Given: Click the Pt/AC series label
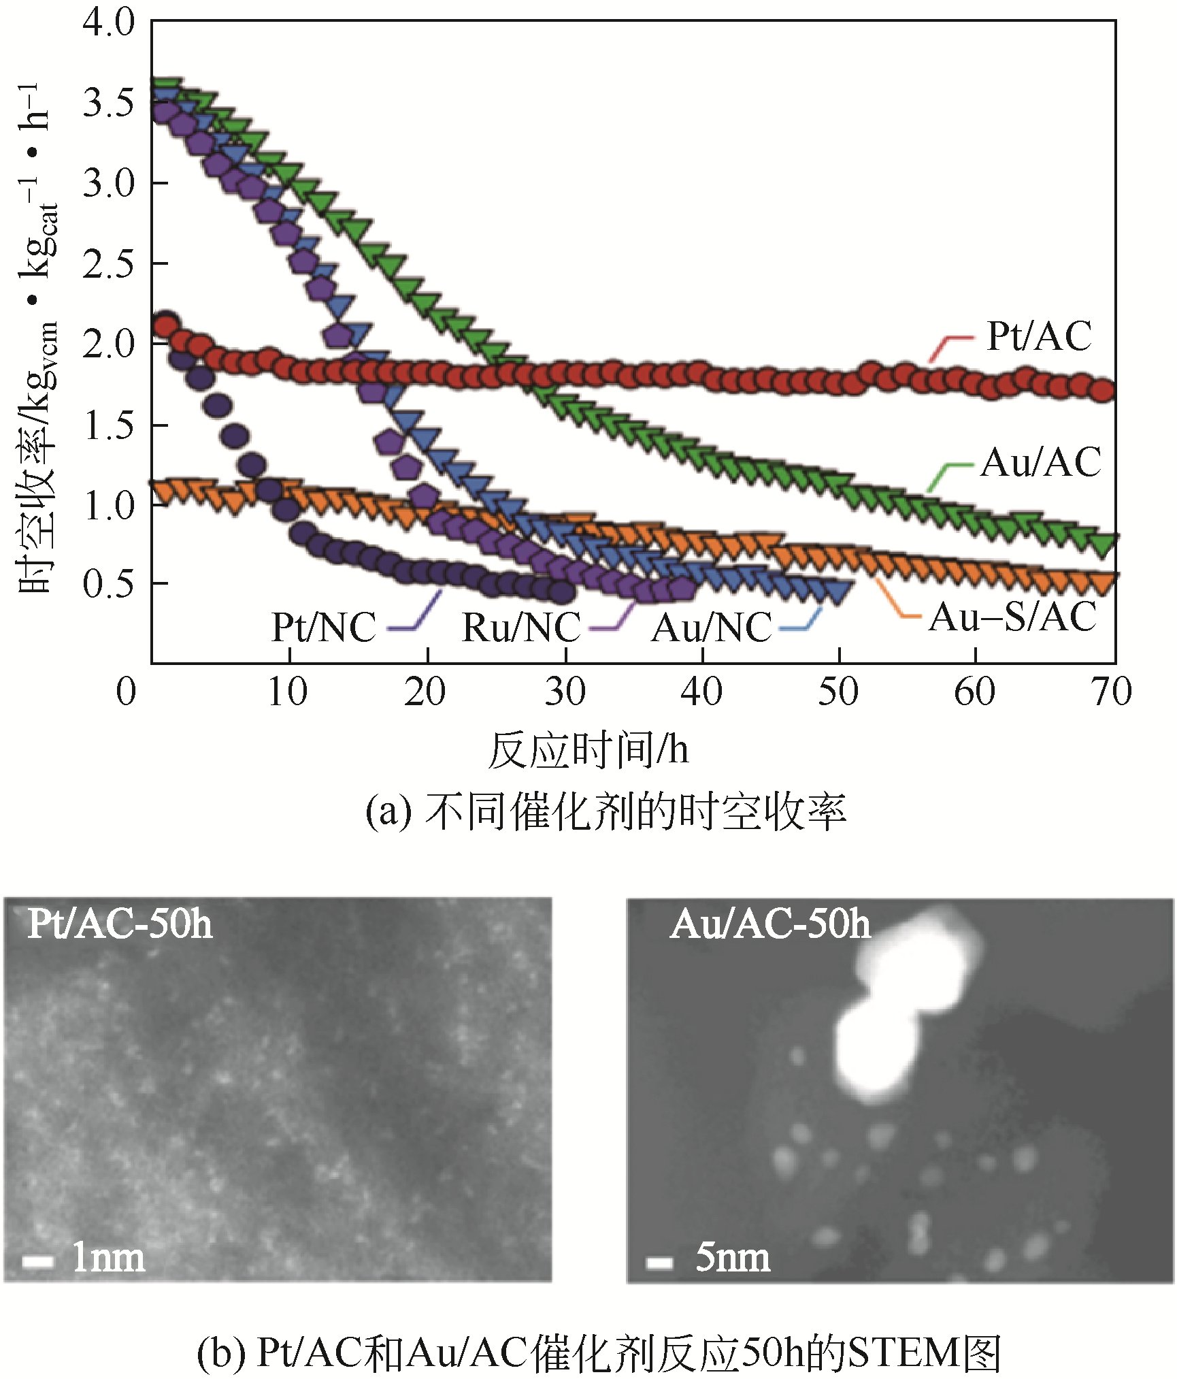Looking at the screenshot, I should click(1039, 336).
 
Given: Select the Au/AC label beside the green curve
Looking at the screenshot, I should click(1040, 463).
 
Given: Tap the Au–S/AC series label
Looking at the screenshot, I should click(1012, 617).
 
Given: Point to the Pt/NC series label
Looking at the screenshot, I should click(324, 627).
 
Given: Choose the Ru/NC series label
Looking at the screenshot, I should click(521, 627).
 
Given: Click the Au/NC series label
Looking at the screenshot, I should click(712, 627).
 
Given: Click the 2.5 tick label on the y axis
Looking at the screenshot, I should click(109, 263).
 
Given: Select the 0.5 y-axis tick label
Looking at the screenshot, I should click(109, 584).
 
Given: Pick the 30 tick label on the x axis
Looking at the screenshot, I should click(565, 692).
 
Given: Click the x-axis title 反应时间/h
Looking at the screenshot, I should click(588, 750).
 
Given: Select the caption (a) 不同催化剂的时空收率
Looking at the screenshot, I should click(606, 812).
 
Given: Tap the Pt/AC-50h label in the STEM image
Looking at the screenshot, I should click(120, 924).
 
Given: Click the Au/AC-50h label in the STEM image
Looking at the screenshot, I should click(770, 924).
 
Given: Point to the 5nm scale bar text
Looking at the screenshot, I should click(733, 1259).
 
